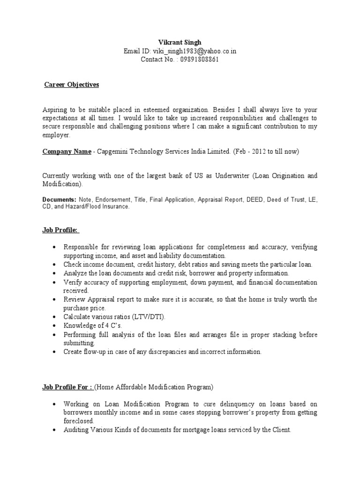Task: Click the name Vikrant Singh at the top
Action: pos(180,43)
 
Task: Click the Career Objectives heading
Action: pos(72,85)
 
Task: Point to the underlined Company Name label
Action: pos(67,151)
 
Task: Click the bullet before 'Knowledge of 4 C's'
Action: pos(55,325)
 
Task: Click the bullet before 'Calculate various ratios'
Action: pos(55,317)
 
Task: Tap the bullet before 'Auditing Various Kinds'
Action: pos(55,429)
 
